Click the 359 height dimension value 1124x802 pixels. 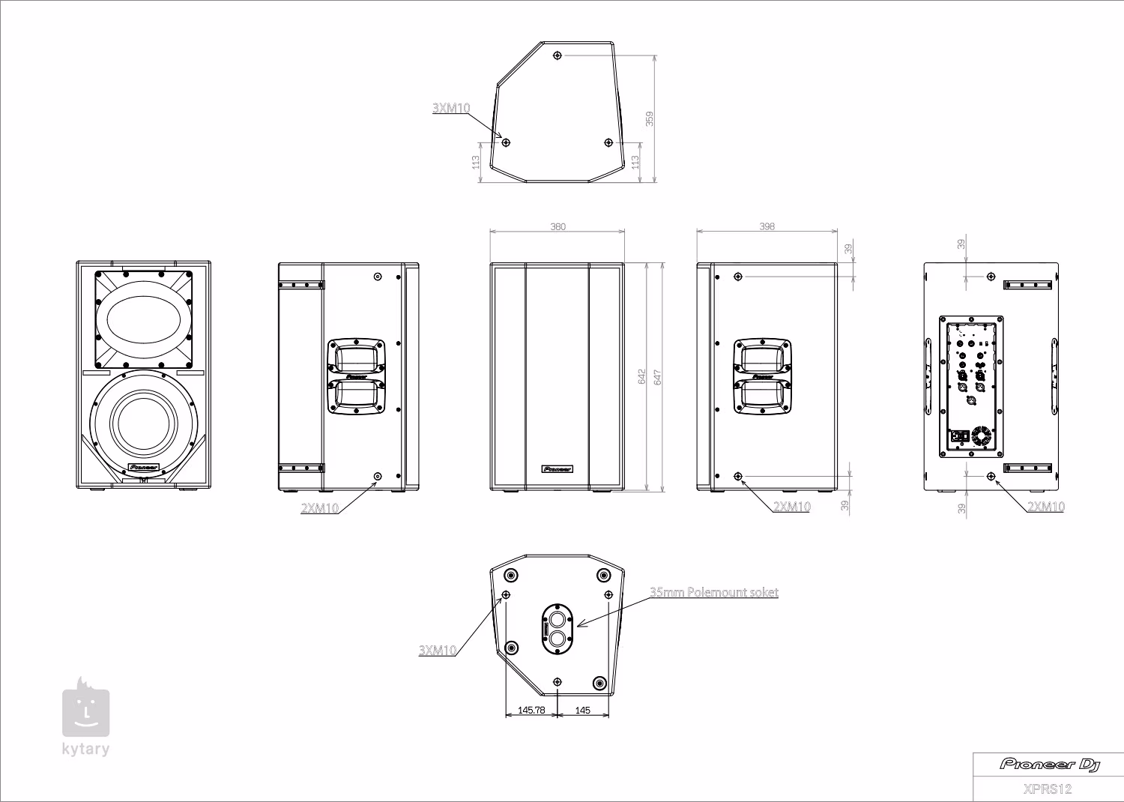click(x=650, y=118)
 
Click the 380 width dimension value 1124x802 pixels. click(x=558, y=226)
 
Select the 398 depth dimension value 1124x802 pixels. click(x=767, y=226)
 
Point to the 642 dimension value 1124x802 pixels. click(x=642, y=376)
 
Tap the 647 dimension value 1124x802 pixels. click(x=658, y=376)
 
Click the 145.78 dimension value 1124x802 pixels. click(x=531, y=710)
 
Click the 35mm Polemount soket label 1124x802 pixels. click(x=713, y=592)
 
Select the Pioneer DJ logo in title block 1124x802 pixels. click(x=1049, y=764)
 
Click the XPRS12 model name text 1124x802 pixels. click(x=1048, y=789)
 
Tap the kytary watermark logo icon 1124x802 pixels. click(x=85, y=709)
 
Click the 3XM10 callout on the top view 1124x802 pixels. click(x=451, y=108)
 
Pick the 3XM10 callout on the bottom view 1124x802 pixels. click(x=438, y=650)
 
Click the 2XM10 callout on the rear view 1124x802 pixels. click(x=1045, y=507)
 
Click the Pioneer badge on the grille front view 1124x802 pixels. click(x=557, y=469)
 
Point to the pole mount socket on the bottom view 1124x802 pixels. click(x=558, y=628)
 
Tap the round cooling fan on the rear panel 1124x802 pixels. click(x=980, y=437)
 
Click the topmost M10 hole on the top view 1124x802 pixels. click(x=557, y=55)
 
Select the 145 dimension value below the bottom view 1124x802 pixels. click(x=582, y=710)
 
